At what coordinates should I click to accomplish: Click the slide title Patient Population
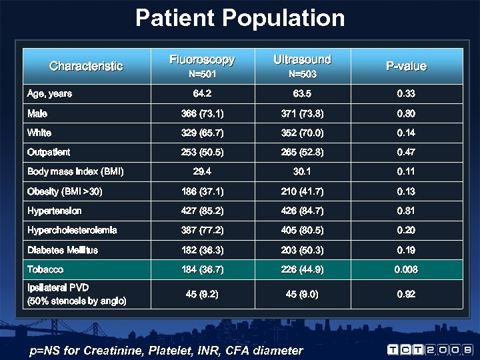(240, 18)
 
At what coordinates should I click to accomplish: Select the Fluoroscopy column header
(202, 60)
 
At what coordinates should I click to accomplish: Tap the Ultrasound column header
(302, 59)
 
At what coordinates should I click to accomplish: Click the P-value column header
(406, 66)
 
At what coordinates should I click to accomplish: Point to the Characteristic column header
(86, 66)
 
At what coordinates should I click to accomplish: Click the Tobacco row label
(45, 269)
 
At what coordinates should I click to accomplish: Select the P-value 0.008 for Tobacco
(406, 269)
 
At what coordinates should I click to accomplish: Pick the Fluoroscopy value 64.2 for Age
(202, 94)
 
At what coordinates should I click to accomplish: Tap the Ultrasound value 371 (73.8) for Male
(302, 113)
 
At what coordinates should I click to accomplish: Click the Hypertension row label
(55, 211)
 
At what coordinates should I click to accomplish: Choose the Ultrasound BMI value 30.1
(302, 171)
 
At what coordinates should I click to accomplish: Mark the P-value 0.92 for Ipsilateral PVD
(406, 294)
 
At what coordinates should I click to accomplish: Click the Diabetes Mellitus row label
(63, 250)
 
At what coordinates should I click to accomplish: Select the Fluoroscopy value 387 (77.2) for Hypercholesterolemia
(202, 230)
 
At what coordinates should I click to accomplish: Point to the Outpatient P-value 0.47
(406, 152)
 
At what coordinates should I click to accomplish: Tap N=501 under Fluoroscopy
(202, 74)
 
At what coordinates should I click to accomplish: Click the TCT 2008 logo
(431, 349)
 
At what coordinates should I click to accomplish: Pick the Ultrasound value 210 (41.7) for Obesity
(302, 191)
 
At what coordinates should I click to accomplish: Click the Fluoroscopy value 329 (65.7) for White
(202, 133)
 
